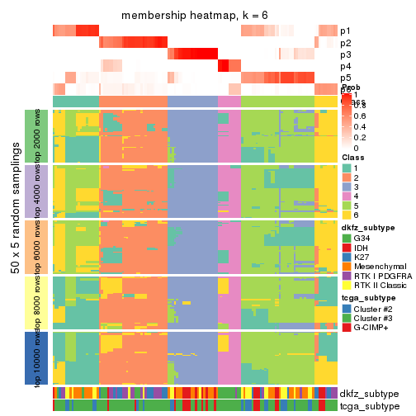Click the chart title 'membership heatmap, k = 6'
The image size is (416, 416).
click(196, 16)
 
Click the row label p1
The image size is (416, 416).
click(346, 31)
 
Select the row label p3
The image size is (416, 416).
click(346, 54)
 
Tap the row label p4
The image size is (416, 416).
click(346, 66)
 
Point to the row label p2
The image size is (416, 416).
click(346, 43)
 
